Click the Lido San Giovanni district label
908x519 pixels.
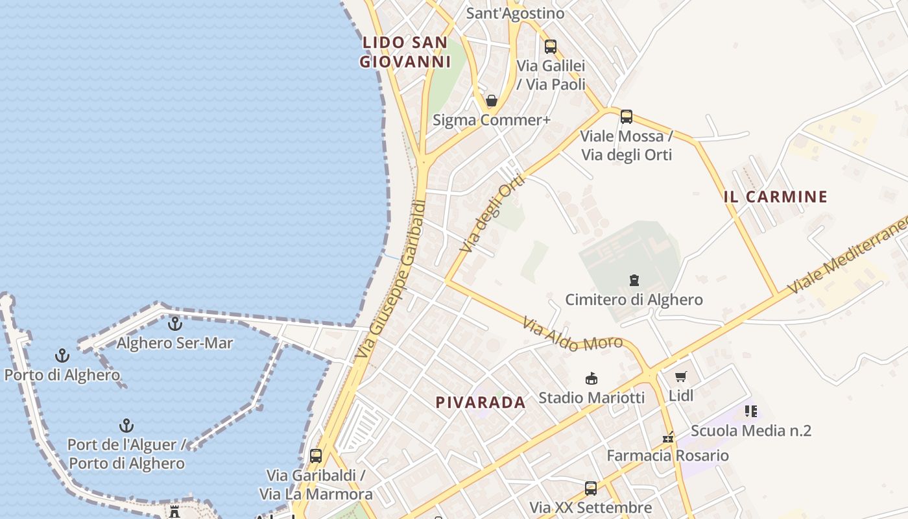point(405,53)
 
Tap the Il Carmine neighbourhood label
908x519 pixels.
point(776,197)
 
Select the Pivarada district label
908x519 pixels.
point(481,402)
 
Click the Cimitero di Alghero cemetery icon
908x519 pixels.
point(634,280)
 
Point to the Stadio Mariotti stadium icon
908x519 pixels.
point(591,378)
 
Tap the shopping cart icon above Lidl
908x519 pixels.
point(680,376)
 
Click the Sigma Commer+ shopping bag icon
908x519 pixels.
point(492,101)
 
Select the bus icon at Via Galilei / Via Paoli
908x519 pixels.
point(551,47)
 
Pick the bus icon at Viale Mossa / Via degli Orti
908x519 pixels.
point(626,117)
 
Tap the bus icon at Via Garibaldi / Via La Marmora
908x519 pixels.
point(316,455)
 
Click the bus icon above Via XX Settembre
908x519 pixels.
point(590,488)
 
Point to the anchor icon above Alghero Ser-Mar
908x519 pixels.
point(174,323)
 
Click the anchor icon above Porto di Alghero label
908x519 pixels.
point(62,356)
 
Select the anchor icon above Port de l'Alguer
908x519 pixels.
point(126,426)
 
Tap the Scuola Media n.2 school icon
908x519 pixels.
point(751,411)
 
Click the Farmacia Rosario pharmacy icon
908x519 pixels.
point(668,437)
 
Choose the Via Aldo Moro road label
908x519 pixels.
point(573,335)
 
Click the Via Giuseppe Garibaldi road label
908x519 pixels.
point(391,279)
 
